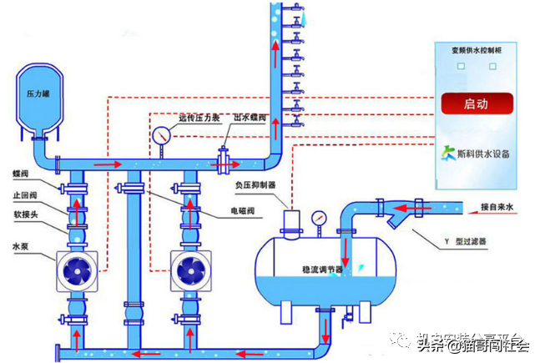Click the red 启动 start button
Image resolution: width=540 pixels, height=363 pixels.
coord(476,104)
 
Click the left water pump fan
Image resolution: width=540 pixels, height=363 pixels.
coord(76,270)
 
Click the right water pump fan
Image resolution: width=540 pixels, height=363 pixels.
coord(189,270)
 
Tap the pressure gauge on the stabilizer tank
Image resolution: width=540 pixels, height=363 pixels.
coord(317,218)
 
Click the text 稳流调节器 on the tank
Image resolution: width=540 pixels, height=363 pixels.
coord(321,270)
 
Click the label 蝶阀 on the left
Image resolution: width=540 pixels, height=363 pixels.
coord(21,174)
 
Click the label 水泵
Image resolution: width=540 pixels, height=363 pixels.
coord(21,246)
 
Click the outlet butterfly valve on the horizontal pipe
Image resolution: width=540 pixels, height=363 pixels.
coord(224,159)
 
